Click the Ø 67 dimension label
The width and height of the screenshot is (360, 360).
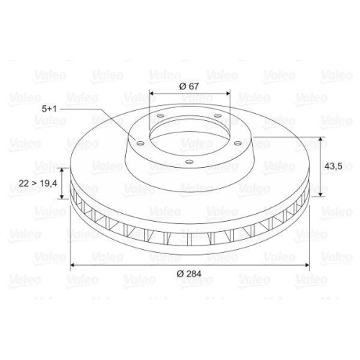tap(189, 86)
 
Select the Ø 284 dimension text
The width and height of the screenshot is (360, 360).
tap(190, 275)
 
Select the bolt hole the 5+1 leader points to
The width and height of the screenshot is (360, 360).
tap(140, 143)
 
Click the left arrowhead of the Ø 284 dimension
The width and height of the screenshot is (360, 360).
tap(73, 266)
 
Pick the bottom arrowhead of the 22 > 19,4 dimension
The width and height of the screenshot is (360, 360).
tap(62, 197)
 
